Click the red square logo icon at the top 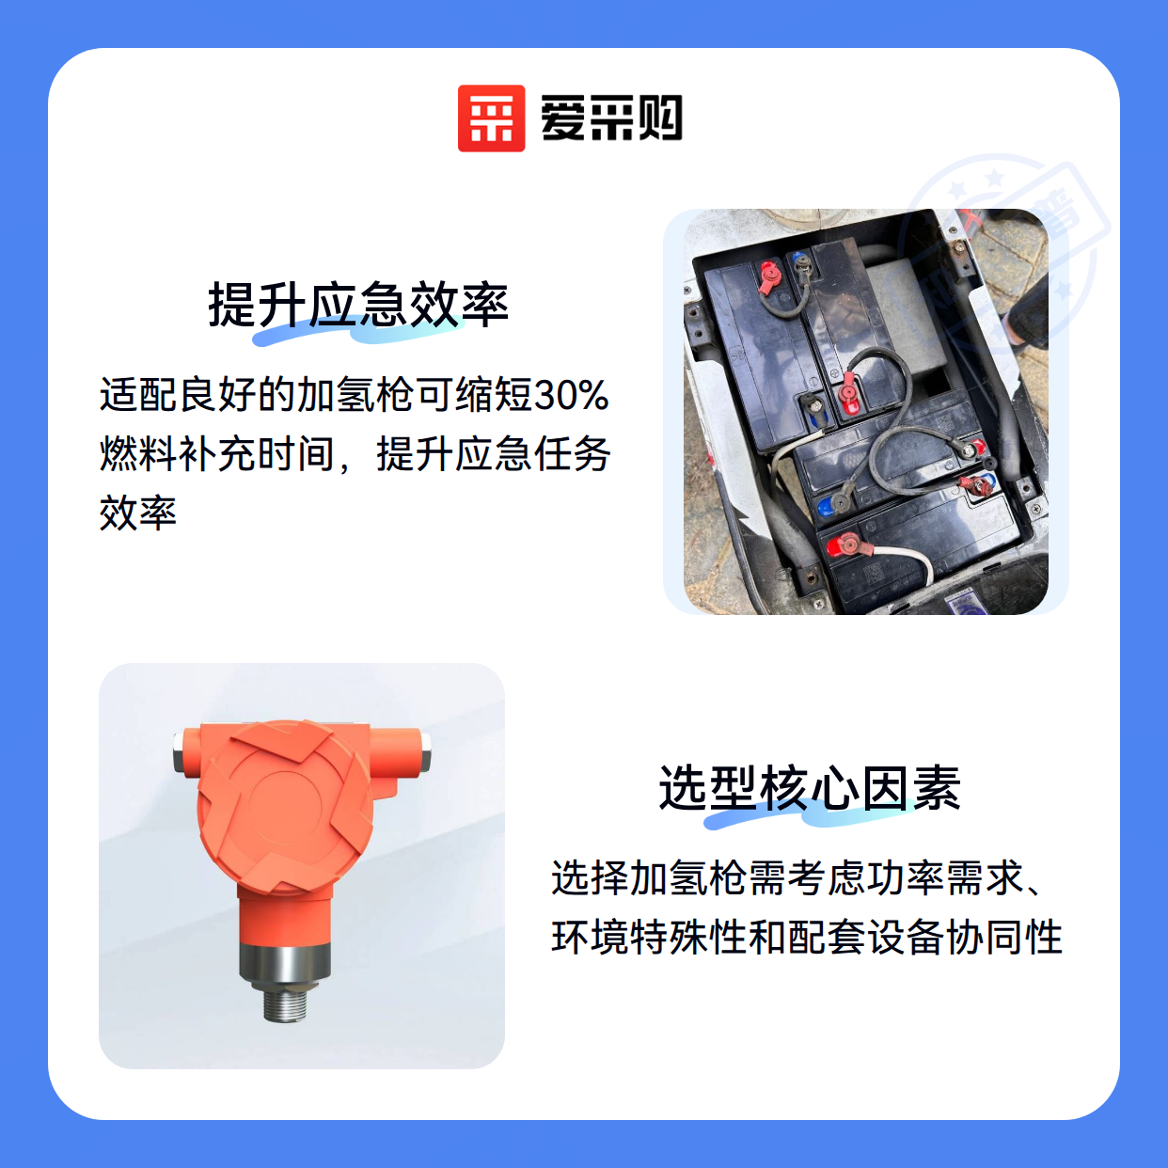point(491,118)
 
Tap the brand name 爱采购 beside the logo point(611,118)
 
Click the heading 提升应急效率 point(358,305)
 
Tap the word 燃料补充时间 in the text point(217,454)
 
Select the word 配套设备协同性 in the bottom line point(925,937)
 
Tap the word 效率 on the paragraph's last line point(138,513)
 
